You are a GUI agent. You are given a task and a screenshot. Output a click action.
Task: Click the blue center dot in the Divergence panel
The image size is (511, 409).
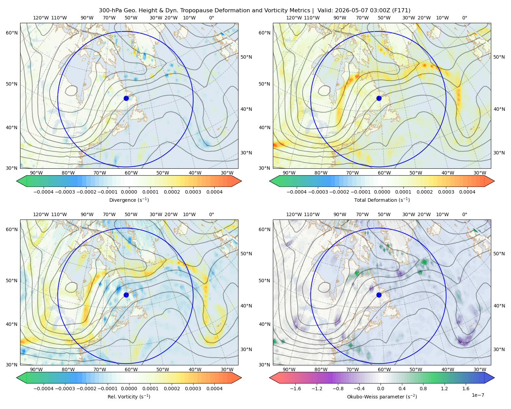coord(126,98)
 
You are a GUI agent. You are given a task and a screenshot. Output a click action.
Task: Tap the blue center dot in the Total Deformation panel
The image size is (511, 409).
coord(379,98)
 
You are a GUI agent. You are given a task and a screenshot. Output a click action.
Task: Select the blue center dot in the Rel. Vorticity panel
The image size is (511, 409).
coord(126,295)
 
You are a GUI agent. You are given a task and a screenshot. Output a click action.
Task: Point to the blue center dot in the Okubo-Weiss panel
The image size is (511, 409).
coord(379,295)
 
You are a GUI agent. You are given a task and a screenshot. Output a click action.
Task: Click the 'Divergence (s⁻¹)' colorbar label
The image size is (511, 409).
coord(129,200)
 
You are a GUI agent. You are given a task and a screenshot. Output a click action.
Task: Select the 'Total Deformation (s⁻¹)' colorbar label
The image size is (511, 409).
coord(382,200)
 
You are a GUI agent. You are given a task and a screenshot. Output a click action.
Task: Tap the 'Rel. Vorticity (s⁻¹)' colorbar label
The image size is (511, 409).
coord(129,396)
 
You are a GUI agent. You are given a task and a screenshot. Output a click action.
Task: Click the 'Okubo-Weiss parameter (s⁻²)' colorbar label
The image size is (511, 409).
coord(382,396)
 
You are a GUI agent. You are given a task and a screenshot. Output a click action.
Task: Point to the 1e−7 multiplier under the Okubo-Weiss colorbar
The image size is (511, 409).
coord(478,395)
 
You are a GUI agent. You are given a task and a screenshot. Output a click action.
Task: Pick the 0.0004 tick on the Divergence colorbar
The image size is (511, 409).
coord(214,192)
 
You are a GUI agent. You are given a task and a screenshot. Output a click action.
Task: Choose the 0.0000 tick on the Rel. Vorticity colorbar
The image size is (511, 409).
coord(129,388)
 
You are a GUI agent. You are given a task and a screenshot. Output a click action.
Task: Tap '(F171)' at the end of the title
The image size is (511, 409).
coord(401,11)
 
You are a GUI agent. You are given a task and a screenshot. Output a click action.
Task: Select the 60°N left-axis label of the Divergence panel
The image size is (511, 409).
coord(12,33)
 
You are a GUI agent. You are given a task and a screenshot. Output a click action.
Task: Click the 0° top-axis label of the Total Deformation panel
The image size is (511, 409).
coord(464,18)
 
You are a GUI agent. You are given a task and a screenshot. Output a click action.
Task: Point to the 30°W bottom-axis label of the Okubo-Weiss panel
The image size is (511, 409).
coord(480,369)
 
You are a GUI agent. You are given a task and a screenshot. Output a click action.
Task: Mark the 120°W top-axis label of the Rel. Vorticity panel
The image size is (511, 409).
coord(41,214)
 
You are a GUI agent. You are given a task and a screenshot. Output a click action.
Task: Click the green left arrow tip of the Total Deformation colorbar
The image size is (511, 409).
coord(269,181)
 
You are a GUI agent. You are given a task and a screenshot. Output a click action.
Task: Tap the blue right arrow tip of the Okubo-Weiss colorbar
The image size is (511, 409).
coord(494,378)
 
